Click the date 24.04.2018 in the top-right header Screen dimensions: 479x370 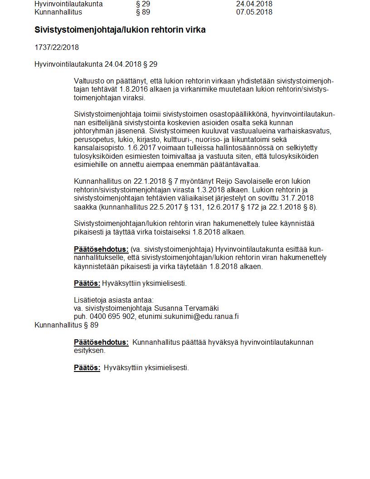click(x=254, y=4)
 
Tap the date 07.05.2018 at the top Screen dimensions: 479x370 click(x=254, y=12)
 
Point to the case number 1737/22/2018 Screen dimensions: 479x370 click(x=57, y=47)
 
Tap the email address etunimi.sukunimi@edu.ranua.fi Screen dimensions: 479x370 click(x=188, y=317)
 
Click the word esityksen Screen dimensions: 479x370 click(x=89, y=351)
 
